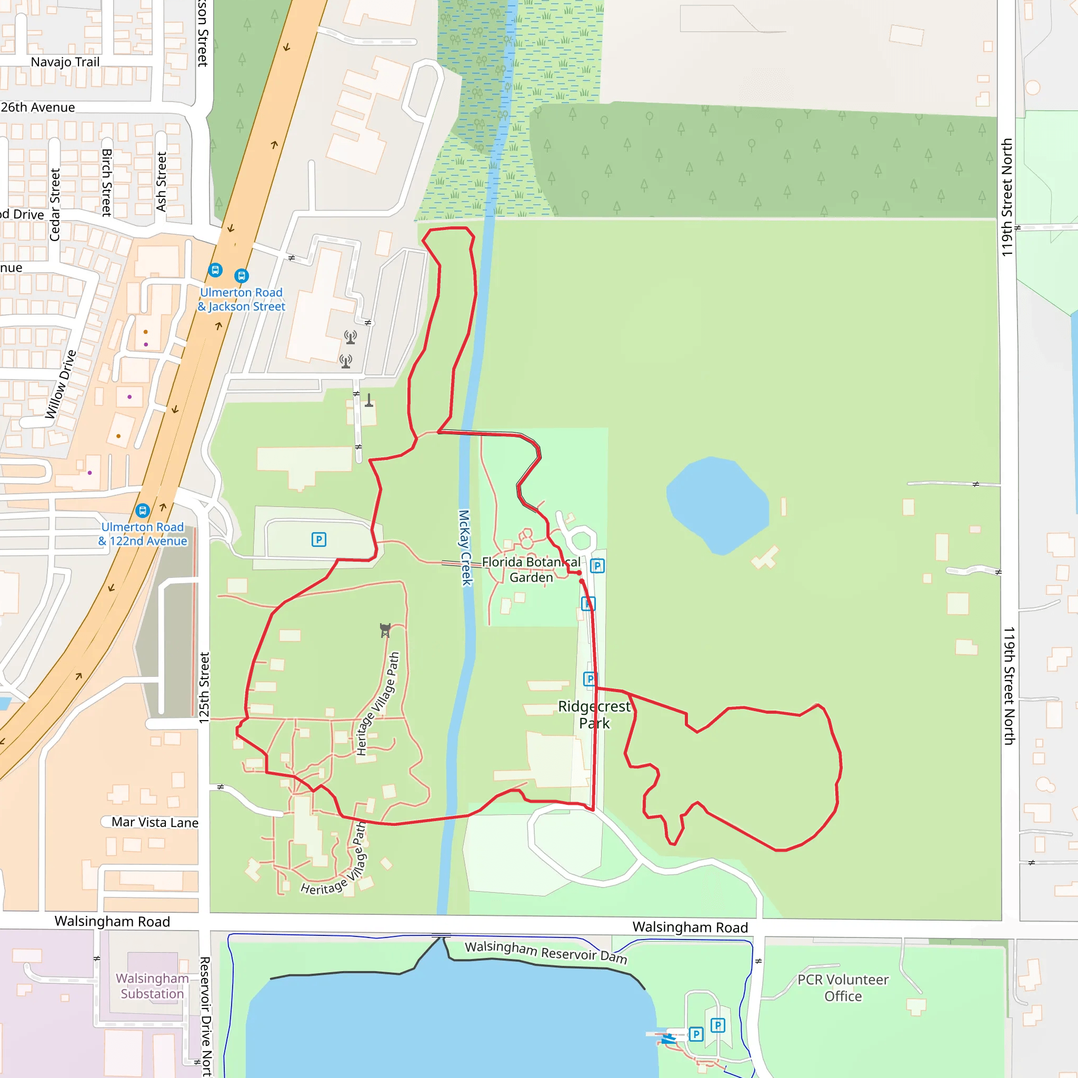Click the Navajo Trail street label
click(65, 62)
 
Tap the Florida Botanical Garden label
click(531, 570)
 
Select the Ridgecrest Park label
click(594, 715)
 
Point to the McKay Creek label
click(465, 547)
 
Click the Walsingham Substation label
click(152, 986)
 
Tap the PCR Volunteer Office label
click(843, 987)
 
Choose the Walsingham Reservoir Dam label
click(546, 952)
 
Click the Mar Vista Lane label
click(155, 823)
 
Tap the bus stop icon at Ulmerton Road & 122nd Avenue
click(143, 511)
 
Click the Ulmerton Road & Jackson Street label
click(242, 300)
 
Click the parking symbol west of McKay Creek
click(318, 540)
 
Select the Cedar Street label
click(55, 205)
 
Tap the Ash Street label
click(161, 182)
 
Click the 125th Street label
click(204, 688)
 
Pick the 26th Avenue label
click(38, 107)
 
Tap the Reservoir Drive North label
click(205, 1015)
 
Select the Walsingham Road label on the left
click(112, 921)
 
